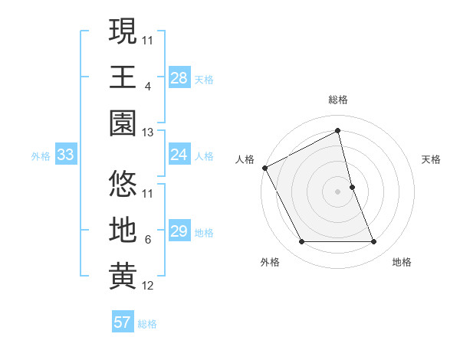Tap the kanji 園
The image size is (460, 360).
123,123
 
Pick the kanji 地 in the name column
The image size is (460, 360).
123,231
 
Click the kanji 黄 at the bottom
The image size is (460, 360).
123,277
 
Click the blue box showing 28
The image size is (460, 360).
179,77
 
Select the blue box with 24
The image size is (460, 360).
179,155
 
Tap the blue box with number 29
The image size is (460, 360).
179,231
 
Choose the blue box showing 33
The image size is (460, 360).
65,155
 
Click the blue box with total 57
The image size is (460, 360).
122,322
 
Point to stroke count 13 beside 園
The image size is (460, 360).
148,133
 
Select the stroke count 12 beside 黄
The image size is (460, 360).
148,286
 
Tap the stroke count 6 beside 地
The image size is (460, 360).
147,240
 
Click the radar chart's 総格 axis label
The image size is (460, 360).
337,100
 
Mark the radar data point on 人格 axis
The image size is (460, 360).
265,168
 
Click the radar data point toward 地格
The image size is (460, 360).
374,242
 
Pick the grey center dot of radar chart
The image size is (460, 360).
337,191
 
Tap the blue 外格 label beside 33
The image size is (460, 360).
41,156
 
